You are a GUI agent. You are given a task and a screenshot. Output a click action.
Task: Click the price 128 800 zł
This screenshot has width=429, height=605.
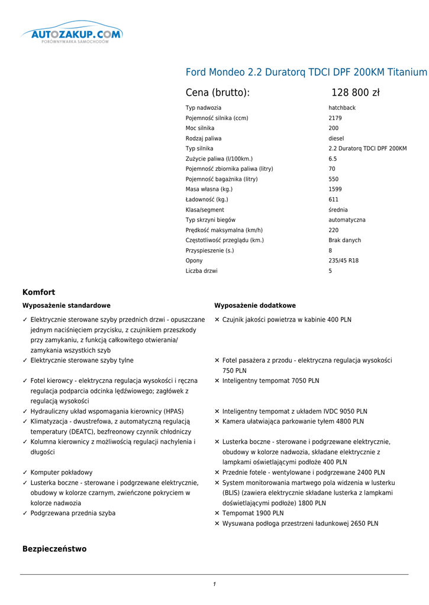(355, 92)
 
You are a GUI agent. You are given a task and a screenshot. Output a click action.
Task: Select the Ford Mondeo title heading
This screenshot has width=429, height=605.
(306, 72)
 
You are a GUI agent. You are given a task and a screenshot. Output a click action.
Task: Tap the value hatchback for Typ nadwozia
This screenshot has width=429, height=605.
(342, 108)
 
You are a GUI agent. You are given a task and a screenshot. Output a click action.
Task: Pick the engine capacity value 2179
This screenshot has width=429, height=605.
(335, 118)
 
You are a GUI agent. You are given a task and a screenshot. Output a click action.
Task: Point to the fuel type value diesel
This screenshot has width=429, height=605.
(336, 138)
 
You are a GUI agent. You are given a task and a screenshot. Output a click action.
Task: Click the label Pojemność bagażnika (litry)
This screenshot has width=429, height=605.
(221, 179)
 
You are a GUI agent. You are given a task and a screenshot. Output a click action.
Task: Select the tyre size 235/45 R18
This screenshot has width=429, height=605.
(343, 261)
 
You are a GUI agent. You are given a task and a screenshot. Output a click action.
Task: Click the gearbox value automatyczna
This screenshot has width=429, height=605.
(347, 220)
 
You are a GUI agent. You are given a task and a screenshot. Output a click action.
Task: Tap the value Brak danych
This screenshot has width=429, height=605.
(344, 240)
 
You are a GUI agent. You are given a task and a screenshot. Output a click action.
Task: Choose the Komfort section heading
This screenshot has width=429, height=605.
(38, 292)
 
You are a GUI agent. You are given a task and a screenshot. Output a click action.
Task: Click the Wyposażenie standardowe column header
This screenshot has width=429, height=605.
(66, 305)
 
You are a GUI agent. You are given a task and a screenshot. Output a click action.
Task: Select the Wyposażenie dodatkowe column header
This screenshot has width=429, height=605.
(255, 305)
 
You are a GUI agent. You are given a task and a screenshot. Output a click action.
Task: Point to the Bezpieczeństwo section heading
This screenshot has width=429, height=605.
(54, 549)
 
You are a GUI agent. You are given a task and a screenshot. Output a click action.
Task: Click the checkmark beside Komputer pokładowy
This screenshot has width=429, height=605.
(25, 473)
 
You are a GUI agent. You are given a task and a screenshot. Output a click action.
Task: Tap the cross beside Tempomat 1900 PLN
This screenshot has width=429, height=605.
(217, 513)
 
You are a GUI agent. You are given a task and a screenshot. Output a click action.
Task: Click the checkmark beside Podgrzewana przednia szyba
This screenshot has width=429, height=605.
(25, 513)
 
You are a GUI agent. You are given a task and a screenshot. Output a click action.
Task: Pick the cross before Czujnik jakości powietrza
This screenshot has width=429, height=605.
(217, 320)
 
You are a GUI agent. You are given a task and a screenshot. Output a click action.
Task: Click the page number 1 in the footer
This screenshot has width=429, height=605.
(214, 584)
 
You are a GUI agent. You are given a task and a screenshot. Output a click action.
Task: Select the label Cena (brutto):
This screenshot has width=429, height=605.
(218, 92)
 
